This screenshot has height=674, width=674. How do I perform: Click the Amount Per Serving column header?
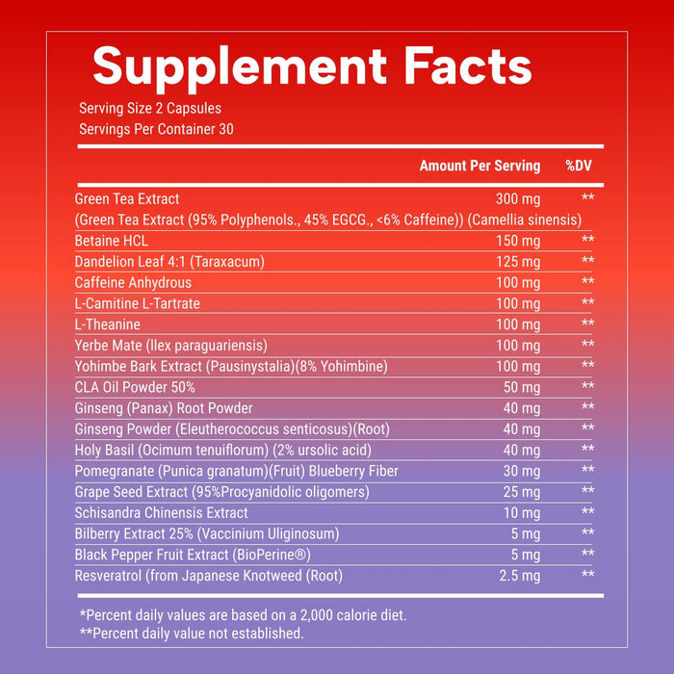(x=480, y=167)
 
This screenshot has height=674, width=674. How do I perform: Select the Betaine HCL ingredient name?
(x=112, y=241)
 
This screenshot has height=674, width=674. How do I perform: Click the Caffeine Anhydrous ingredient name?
(x=133, y=283)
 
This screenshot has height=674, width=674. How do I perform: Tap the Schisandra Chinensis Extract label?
(x=162, y=513)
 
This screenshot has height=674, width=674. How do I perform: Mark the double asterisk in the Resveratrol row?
(x=588, y=576)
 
